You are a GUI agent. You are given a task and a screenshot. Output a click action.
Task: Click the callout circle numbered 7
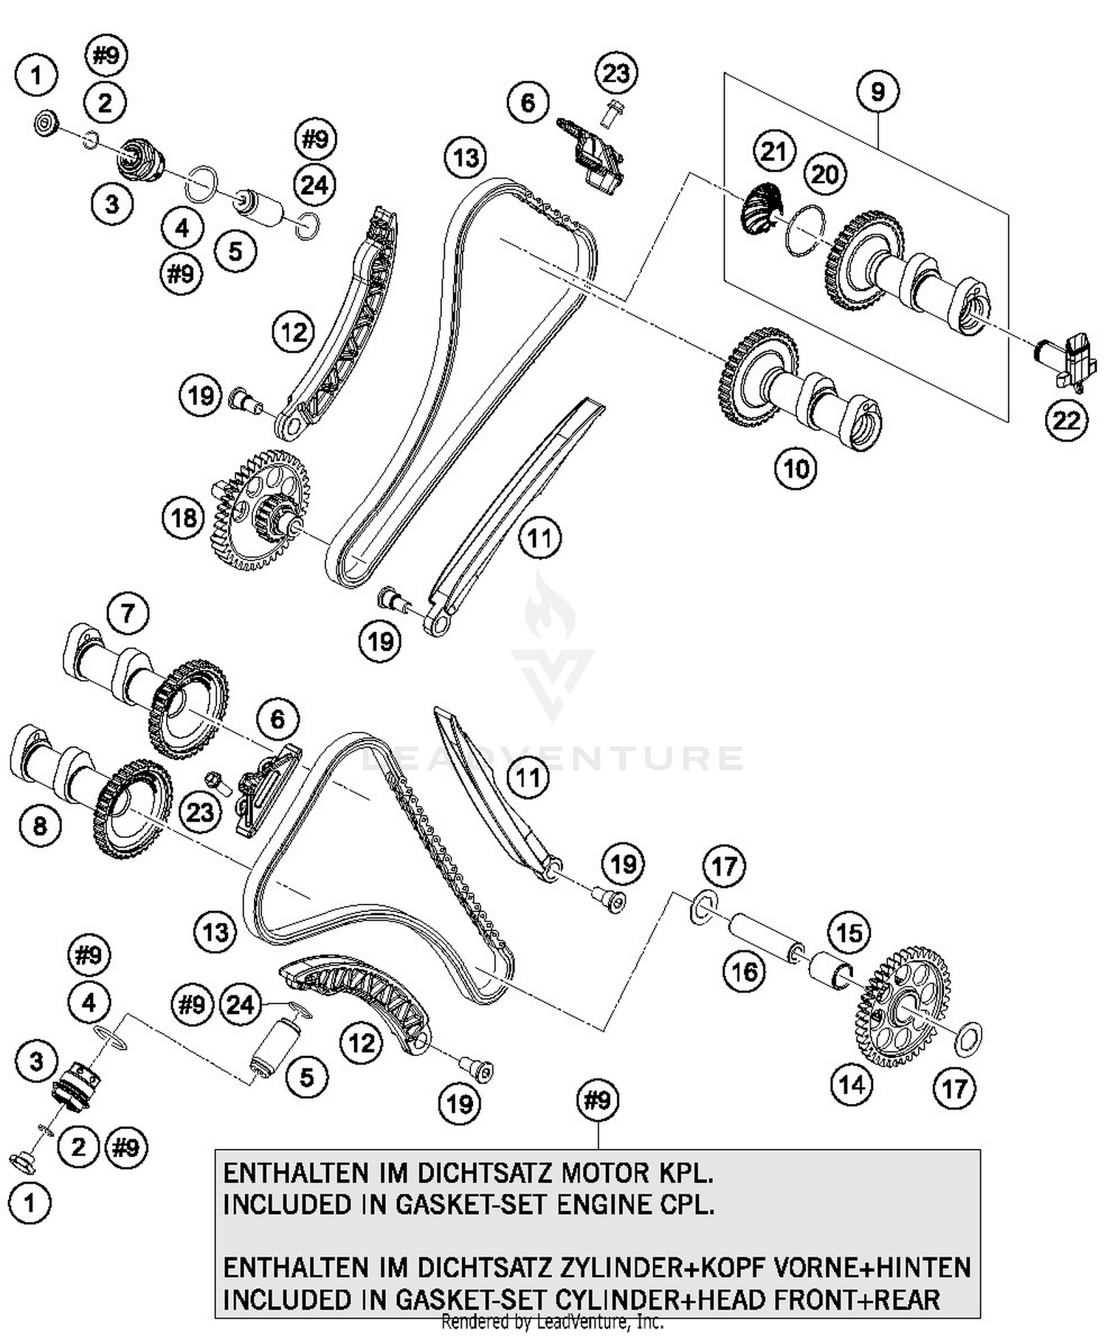click(x=128, y=613)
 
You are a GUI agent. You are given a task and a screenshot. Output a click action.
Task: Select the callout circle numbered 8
click(x=40, y=825)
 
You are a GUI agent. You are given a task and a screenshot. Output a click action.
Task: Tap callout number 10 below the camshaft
click(x=796, y=468)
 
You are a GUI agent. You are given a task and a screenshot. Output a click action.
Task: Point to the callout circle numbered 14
click(x=851, y=1085)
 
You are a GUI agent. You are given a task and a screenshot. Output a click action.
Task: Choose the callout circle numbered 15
click(x=849, y=933)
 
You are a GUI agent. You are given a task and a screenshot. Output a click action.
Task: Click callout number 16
click(x=744, y=971)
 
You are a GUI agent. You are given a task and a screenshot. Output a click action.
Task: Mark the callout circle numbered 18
click(x=183, y=518)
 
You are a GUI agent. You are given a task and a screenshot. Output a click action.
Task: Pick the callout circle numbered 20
click(x=824, y=174)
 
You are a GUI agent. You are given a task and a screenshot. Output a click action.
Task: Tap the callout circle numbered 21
click(x=773, y=151)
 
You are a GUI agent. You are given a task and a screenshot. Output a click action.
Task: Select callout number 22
click(x=1066, y=420)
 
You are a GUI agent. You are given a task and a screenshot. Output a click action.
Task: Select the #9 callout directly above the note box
click(x=597, y=1100)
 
